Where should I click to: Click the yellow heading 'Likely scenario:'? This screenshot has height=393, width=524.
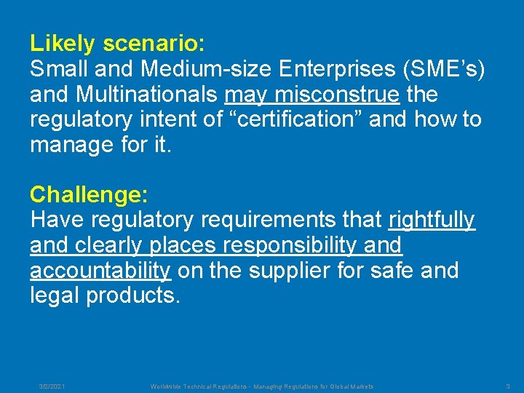pos(117,44)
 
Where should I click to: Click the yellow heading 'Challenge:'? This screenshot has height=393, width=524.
pos(89,195)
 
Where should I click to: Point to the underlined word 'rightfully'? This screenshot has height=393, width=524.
pos(432,220)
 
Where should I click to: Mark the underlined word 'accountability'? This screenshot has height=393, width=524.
pos(100,271)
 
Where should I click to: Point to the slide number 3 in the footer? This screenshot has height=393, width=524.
pos(508,386)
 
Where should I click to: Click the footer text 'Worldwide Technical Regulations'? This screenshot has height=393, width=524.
pos(198,386)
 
